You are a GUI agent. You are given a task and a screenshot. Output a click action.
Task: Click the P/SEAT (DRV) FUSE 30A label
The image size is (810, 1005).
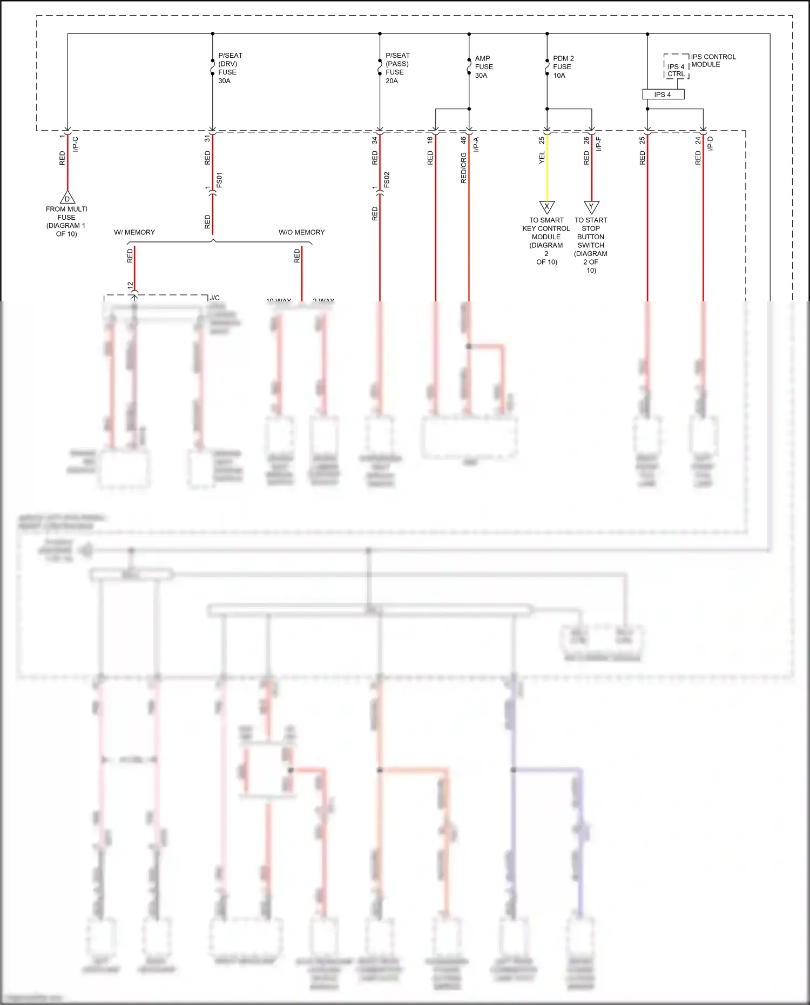tap(230, 68)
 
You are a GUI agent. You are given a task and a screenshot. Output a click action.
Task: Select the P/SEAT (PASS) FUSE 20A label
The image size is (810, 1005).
tap(397, 68)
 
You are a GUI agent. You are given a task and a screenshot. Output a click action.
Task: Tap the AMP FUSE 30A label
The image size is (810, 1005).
tap(483, 67)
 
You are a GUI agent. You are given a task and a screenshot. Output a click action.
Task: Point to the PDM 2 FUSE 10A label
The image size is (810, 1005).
tap(563, 67)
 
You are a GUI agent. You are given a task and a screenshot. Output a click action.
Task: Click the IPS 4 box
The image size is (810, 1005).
tap(663, 95)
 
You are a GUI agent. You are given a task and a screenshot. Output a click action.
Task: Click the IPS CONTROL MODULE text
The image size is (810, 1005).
tap(713, 60)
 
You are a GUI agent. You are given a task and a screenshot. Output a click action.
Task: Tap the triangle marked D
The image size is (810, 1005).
tap(67, 198)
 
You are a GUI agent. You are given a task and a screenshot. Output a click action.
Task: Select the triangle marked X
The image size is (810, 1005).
tap(547, 207)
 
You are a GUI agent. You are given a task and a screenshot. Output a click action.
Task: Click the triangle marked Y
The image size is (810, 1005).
tap(592, 207)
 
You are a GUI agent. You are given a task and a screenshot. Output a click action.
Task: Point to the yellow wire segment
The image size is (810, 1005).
tap(547, 167)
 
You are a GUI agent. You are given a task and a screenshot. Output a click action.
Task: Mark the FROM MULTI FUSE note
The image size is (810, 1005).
tap(66, 221)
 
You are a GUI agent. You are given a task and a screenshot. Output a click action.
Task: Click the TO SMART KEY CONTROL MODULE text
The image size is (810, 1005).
tap(546, 241)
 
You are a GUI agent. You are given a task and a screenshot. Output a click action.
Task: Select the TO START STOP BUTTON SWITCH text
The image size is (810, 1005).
tap(591, 245)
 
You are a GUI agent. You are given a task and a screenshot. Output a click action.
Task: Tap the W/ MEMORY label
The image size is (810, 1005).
tap(134, 232)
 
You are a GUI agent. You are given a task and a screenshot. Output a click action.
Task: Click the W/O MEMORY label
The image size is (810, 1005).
tap(301, 232)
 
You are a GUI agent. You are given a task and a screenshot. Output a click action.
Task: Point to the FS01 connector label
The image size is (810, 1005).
tap(219, 180)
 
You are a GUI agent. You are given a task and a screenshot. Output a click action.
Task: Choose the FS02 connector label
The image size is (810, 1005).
tap(387, 180)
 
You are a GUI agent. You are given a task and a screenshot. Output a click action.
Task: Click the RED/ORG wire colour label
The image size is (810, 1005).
tap(463, 168)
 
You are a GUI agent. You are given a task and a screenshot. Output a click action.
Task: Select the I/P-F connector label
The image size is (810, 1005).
tap(598, 144)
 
